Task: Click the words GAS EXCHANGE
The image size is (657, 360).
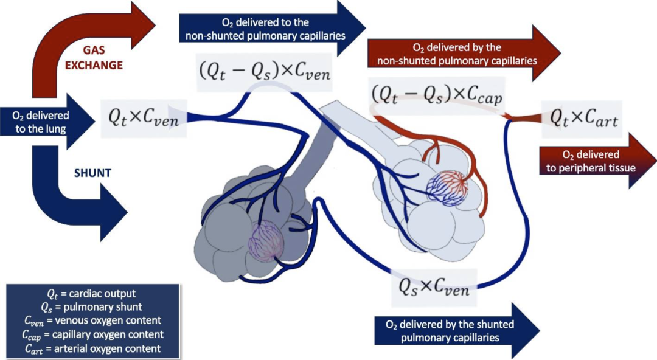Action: (x=94, y=58)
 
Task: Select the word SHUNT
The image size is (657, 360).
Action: (x=92, y=173)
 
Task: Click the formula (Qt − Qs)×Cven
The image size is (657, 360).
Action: (x=265, y=72)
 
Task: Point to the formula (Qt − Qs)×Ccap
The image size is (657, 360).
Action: (x=437, y=95)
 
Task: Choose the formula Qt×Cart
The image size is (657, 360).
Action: (x=583, y=119)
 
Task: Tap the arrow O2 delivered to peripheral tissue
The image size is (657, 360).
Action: (x=597, y=161)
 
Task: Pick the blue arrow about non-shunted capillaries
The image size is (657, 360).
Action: (x=273, y=29)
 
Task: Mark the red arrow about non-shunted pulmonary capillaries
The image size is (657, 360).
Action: (x=464, y=54)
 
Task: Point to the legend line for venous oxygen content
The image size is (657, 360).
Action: (x=92, y=321)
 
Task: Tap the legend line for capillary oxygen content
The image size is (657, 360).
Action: (x=92, y=335)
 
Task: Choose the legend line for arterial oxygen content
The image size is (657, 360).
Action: (x=92, y=348)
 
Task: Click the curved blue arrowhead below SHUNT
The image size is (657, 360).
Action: (x=113, y=213)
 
